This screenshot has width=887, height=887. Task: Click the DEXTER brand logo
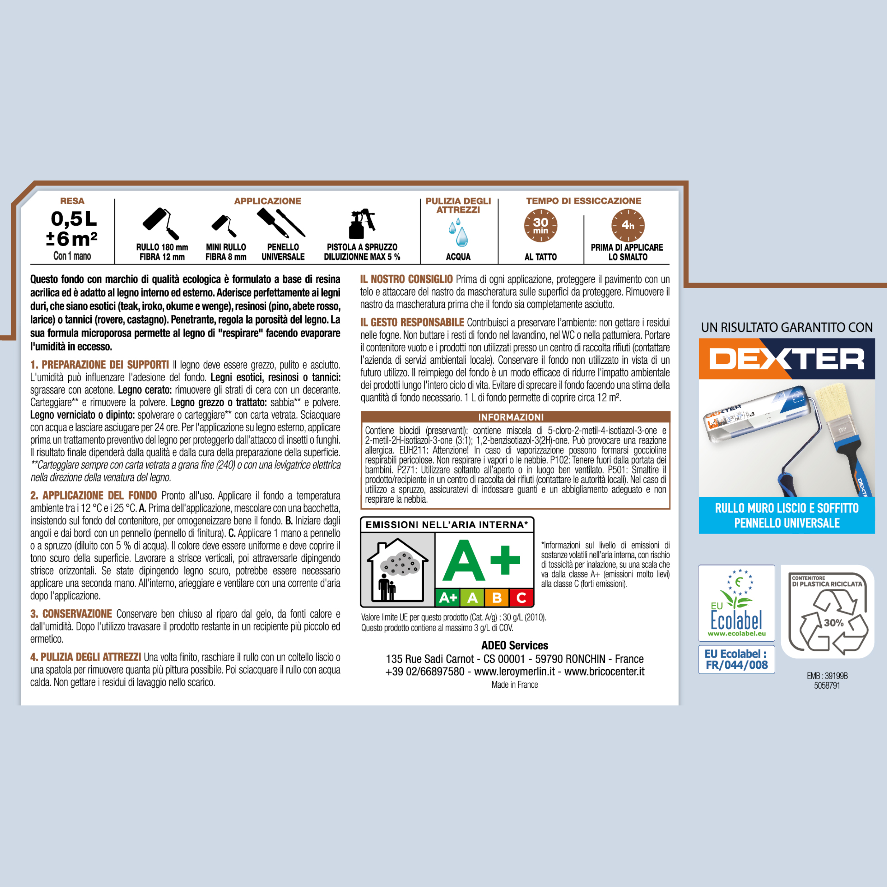pos(786,359)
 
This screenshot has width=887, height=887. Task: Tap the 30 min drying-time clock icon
pos(540,225)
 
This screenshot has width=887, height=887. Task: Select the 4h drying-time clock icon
pos(628,225)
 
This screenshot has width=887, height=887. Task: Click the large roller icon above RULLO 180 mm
pos(161,223)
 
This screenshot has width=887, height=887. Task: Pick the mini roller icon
pos(224,225)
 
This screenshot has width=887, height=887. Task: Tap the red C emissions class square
pos(521,598)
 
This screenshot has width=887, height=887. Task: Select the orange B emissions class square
pos(496,598)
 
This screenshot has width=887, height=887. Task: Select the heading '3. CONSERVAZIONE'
pos(71,614)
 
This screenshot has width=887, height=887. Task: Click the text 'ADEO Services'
pos(515,645)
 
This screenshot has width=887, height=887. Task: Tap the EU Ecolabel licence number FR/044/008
pos(737,665)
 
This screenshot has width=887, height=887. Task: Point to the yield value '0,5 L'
pos(73,219)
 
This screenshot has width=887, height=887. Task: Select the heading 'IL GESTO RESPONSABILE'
pos(412,322)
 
